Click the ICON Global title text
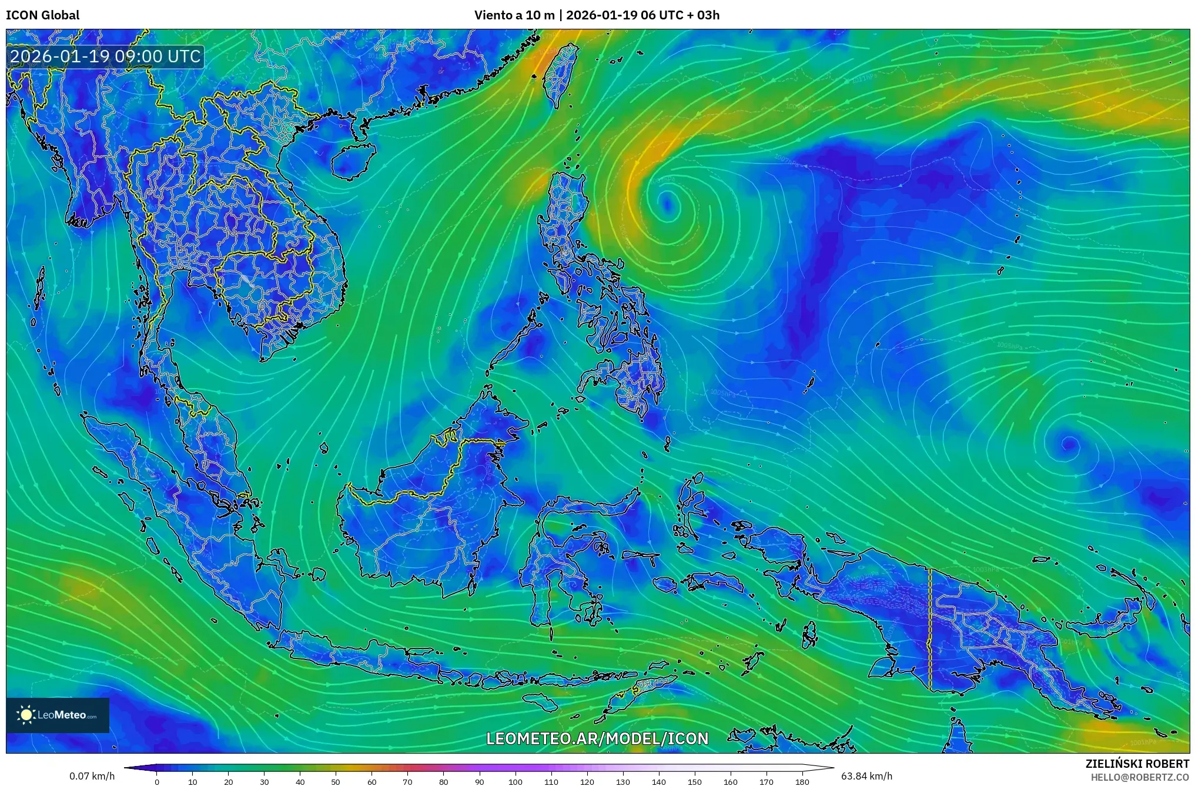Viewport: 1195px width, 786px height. [42, 15]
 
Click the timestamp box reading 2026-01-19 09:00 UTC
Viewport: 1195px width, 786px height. [106, 56]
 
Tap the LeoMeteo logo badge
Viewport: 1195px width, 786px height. [58, 715]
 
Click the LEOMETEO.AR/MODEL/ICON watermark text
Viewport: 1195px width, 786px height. [597, 738]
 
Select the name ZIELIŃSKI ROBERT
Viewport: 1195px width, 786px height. [1137, 764]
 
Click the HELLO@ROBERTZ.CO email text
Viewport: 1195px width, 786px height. [1140, 777]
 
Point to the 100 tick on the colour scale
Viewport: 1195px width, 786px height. [515, 782]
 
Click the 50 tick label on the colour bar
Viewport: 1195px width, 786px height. [336, 782]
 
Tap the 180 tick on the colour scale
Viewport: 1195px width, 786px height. [802, 782]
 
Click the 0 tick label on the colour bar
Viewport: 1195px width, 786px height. [156, 782]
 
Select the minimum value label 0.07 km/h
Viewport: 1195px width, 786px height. [92, 776]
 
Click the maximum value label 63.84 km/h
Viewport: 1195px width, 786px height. [866, 776]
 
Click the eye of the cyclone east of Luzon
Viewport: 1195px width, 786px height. [667, 203]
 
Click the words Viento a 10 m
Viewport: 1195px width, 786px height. [514, 15]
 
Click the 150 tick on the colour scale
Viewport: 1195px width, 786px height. [694, 782]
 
